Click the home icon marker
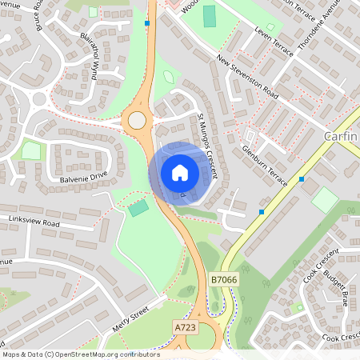coord(179,173)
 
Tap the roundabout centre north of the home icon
coord(138,121)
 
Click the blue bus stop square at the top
coord(147,23)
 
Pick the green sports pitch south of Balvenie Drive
coord(138,208)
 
